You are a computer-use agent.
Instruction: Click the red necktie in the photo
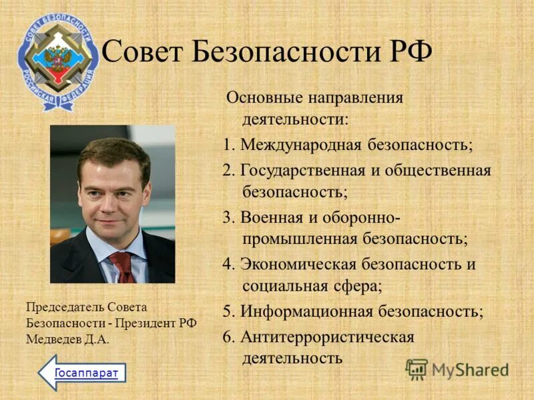122,267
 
